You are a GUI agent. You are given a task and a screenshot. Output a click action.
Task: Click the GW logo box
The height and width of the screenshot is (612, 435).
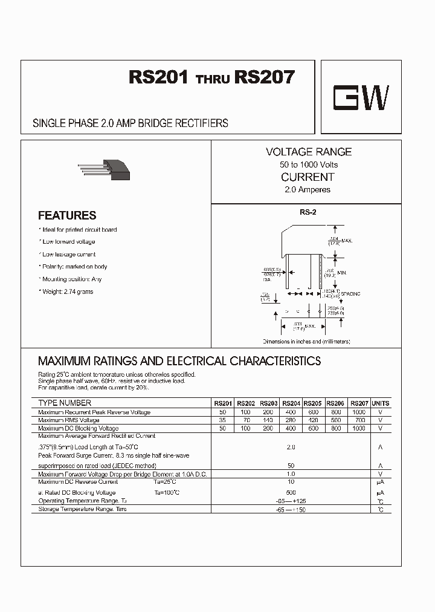click(x=361, y=96)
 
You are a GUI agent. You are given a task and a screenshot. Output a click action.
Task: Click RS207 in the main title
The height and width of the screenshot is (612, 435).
click(x=265, y=77)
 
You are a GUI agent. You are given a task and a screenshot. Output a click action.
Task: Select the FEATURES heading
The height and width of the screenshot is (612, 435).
click(x=67, y=215)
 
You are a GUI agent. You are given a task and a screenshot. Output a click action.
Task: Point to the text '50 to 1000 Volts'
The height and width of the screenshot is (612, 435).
click(x=308, y=164)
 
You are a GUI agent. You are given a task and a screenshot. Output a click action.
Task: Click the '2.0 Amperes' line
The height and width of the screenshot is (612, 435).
click(x=308, y=190)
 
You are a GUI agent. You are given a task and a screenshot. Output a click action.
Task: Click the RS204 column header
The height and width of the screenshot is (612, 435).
click(x=291, y=403)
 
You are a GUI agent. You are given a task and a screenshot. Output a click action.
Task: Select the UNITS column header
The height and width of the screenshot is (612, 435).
click(x=381, y=403)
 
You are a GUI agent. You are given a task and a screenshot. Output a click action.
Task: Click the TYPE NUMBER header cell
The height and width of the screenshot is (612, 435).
click(x=65, y=403)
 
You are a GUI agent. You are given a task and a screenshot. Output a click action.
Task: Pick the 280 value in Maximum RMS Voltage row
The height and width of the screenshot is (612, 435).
click(x=291, y=420)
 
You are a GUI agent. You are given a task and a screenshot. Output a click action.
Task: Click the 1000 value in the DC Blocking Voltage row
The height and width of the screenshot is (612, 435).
click(x=359, y=428)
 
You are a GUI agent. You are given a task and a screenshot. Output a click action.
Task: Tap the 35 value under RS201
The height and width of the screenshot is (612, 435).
click(x=222, y=420)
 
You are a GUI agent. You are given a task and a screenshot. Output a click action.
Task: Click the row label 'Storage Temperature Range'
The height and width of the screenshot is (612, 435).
click(x=82, y=509)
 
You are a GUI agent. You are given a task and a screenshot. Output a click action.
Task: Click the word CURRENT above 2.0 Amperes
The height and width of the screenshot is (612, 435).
click(x=308, y=177)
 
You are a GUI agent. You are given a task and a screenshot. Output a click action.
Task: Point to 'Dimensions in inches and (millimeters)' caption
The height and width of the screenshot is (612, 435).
click(x=306, y=342)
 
